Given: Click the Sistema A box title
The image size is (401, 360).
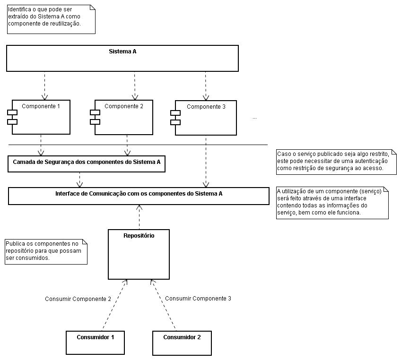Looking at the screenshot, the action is pyautogui.click(x=122, y=51).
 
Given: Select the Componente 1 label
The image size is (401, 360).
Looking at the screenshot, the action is pyautogui.click(x=41, y=106).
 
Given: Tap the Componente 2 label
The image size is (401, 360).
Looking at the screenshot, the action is pyautogui.click(x=124, y=106).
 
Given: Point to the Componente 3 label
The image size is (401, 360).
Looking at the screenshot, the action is pyautogui.click(x=206, y=107).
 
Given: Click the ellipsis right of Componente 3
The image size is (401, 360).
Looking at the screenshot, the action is pyautogui.click(x=254, y=118).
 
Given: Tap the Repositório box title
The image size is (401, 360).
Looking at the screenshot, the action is pyautogui.click(x=139, y=236).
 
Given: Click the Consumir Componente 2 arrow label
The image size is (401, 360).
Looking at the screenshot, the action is pyautogui.click(x=78, y=299).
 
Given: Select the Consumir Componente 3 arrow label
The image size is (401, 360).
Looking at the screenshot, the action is pyautogui.click(x=198, y=299).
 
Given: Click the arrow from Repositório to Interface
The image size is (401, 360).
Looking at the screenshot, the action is pyautogui.click(x=139, y=217).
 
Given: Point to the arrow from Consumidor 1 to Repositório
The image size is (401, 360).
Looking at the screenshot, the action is pyautogui.click(x=114, y=305).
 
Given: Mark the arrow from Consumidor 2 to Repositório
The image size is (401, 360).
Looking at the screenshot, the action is pyautogui.click(x=163, y=305).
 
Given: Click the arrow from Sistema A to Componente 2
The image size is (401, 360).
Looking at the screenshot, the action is pyautogui.click(x=135, y=86).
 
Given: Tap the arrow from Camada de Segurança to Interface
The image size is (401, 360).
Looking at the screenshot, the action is pyautogui.click(x=80, y=180).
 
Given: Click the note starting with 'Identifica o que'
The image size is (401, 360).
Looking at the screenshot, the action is pyautogui.click(x=51, y=19).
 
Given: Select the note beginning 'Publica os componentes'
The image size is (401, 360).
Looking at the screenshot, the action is pyautogui.click(x=46, y=252).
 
